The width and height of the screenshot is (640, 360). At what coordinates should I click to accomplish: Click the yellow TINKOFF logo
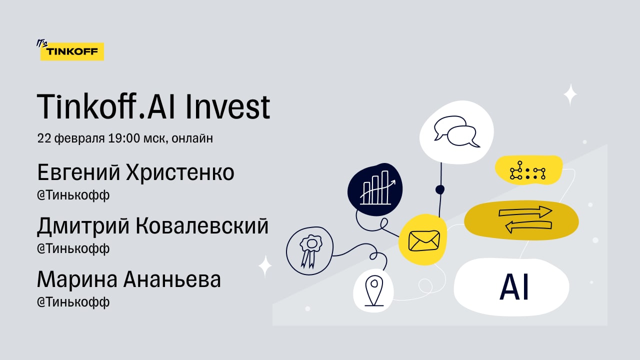pyautogui.click(x=72, y=51)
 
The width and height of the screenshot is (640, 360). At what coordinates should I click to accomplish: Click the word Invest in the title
pyautogui.click(x=227, y=107)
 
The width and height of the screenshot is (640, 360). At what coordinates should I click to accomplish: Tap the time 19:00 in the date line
pyautogui.click(x=124, y=138)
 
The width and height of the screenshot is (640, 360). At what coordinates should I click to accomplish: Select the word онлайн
pyautogui.click(x=192, y=138)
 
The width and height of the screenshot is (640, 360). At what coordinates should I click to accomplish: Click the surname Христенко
pyautogui.click(x=180, y=172)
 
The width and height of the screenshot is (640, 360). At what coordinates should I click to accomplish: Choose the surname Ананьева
pyautogui.click(x=172, y=279)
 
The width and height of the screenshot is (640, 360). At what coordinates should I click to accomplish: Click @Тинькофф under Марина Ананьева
pyautogui.click(x=73, y=302)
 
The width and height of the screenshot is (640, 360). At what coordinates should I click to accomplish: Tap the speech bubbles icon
pyautogui.click(x=456, y=131)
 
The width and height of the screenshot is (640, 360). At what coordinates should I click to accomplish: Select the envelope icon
pyautogui.click(x=424, y=240)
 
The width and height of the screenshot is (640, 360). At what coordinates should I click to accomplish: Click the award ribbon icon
pyautogui.click(x=310, y=251)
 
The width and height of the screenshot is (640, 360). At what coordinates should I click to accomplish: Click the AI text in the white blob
pyautogui.click(x=514, y=287)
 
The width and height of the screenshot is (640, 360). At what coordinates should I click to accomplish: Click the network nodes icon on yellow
pyautogui.click(x=527, y=170)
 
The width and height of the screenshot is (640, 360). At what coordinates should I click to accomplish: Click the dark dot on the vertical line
pyautogui.click(x=440, y=189)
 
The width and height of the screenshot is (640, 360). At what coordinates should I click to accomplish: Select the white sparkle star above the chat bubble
pyautogui.click(x=570, y=95)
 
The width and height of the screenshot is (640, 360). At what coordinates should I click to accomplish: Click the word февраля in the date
pyautogui.click(x=79, y=138)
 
